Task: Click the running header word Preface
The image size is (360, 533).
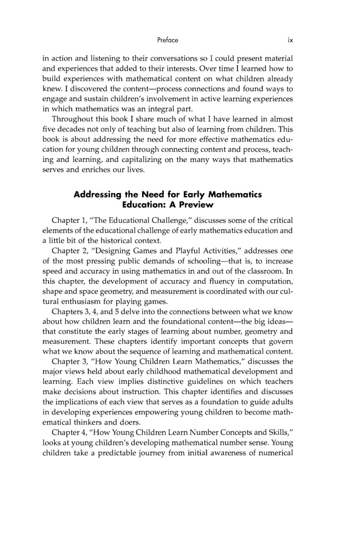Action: click(x=168, y=40)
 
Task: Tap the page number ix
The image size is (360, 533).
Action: click(x=290, y=40)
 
